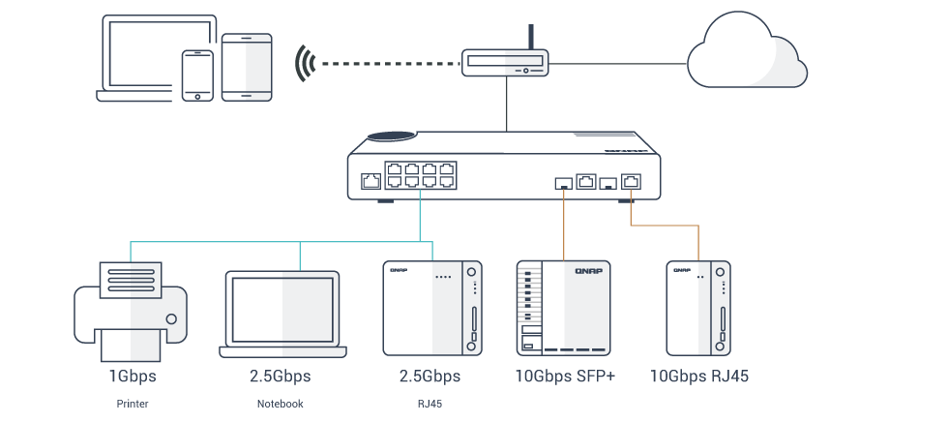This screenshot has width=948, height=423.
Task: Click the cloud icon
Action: click(746, 54)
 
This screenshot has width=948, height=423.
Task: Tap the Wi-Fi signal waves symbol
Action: click(307, 63)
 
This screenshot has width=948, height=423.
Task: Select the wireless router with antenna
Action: click(504, 63)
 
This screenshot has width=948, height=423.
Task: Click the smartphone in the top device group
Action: click(197, 75)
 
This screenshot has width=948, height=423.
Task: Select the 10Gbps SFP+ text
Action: click(564, 376)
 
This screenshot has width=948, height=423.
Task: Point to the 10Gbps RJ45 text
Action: click(698, 376)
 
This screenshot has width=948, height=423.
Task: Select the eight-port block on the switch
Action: click(420, 175)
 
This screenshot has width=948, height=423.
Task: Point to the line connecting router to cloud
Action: click(618, 64)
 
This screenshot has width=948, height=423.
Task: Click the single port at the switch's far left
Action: click(370, 180)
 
